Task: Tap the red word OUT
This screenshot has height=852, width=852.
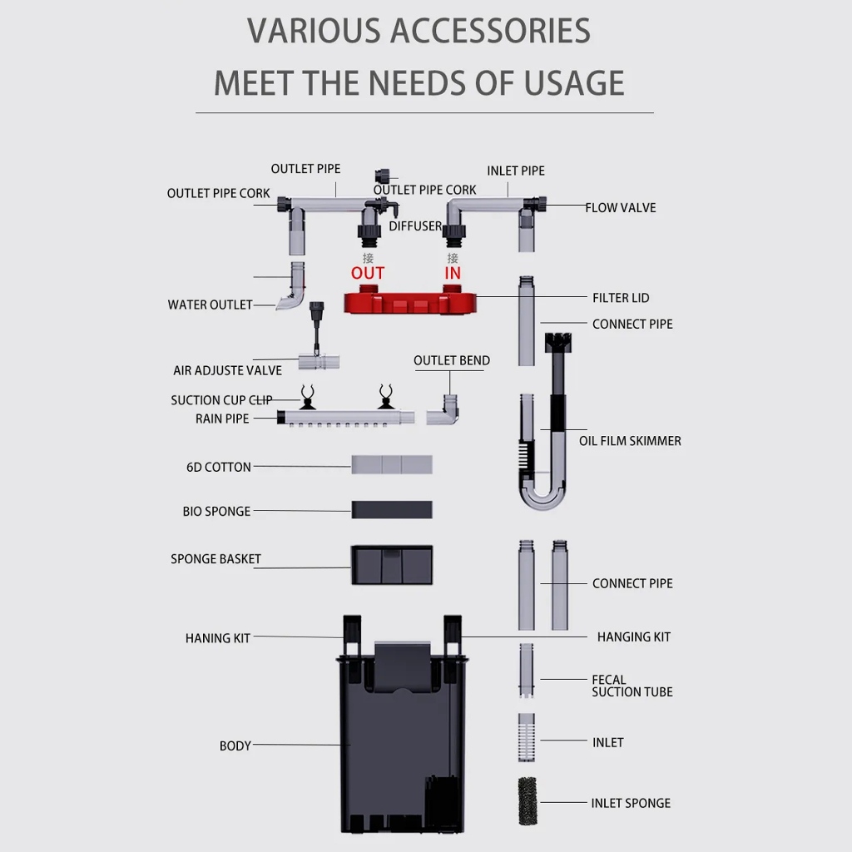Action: click(x=368, y=273)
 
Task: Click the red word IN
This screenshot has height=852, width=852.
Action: click(x=453, y=273)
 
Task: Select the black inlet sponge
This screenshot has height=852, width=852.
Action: click(x=527, y=801)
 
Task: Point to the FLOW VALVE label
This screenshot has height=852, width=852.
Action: click(x=621, y=207)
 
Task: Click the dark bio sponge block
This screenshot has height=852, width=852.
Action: click(x=392, y=510)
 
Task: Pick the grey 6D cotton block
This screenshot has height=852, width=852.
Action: click(x=392, y=464)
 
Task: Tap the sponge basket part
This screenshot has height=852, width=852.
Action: click(x=392, y=565)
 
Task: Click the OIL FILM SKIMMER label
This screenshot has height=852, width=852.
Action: click(x=630, y=441)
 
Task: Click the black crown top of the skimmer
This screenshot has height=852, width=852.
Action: click(x=558, y=342)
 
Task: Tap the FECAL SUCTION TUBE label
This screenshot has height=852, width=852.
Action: click(x=632, y=686)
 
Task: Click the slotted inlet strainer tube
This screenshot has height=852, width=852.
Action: click(x=527, y=737)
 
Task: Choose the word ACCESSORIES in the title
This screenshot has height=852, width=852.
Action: click(x=490, y=31)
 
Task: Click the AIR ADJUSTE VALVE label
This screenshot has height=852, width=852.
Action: click(x=228, y=370)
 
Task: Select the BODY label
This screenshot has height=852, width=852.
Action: click(x=235, y=745)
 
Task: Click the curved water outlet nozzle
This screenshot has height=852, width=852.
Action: click(x=293, y=289)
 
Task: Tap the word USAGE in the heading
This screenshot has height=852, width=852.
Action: click(x=574, y=83)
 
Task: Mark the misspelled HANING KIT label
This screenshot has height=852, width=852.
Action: click(x=218, y=638)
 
